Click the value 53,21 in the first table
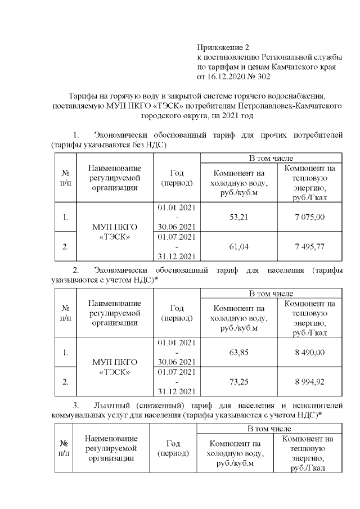coord(240,217)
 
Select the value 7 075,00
coord(309,217)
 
